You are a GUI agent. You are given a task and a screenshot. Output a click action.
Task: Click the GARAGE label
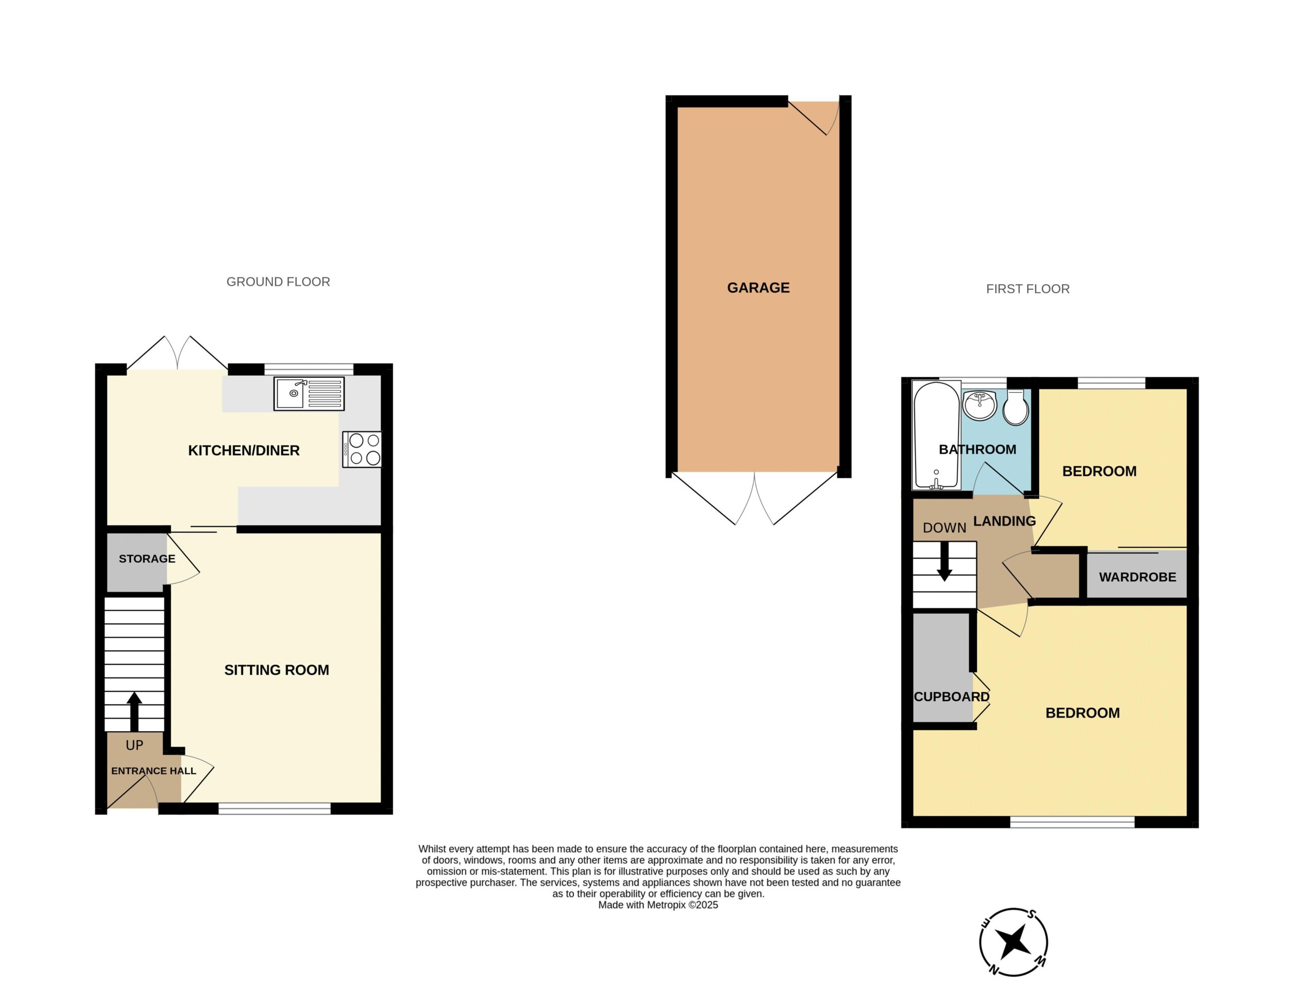(758, 288)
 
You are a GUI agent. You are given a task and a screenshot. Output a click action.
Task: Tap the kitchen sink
(309, 393)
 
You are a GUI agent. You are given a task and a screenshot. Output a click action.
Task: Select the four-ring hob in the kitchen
(361, 449)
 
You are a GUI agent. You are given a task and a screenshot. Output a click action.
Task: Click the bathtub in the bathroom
(937, 435)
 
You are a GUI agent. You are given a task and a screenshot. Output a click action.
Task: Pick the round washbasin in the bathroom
(980, 405)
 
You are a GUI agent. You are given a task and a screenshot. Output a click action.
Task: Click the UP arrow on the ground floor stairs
(135, 711)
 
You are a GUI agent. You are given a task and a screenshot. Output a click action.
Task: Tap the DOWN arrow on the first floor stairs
(944, 561)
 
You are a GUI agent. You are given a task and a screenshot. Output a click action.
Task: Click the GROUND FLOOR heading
(279, 282)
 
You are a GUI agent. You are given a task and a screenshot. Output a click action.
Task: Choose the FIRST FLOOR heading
(1028, 289)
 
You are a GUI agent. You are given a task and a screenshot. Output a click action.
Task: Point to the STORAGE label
(147, 559)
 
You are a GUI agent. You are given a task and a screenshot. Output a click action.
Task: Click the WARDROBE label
(1137, 577)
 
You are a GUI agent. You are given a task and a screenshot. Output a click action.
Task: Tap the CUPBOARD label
(951, 697)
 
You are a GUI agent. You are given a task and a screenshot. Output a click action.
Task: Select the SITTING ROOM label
(276, 670)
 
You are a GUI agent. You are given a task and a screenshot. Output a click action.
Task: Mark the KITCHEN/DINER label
(244, 450)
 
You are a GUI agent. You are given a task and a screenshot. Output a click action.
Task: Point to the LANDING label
(1004, 521)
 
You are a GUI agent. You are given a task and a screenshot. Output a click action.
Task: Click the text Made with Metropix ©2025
(658, 905)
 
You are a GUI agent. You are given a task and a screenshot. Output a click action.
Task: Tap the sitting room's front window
(275, 808)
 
